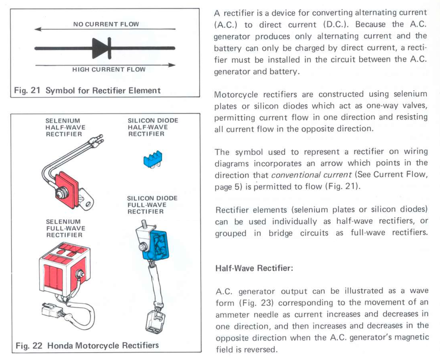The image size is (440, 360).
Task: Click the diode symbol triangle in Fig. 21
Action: tap(99, 48)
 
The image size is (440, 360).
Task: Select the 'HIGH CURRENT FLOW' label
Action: tap(109, 69)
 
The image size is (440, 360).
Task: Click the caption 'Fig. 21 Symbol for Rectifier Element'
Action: tap(88, 91)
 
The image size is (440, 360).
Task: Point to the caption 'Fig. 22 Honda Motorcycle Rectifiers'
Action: tap(87, 345)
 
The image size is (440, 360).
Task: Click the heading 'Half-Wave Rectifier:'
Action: tap(253, 269)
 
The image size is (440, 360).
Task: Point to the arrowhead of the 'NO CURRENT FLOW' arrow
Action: tap(37, 29)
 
